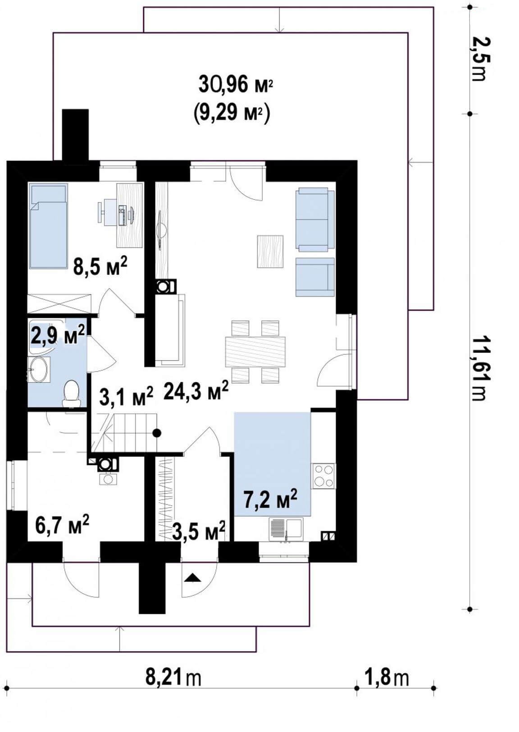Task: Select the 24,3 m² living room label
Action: [x=196, y=391]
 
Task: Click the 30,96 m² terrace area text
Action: [x=235, y=85]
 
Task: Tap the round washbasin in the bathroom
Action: [x=39, y=369]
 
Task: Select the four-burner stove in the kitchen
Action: [x=323, y=476]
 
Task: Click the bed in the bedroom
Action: [x=48, y=226]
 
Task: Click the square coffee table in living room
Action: [x=270, y=252]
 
